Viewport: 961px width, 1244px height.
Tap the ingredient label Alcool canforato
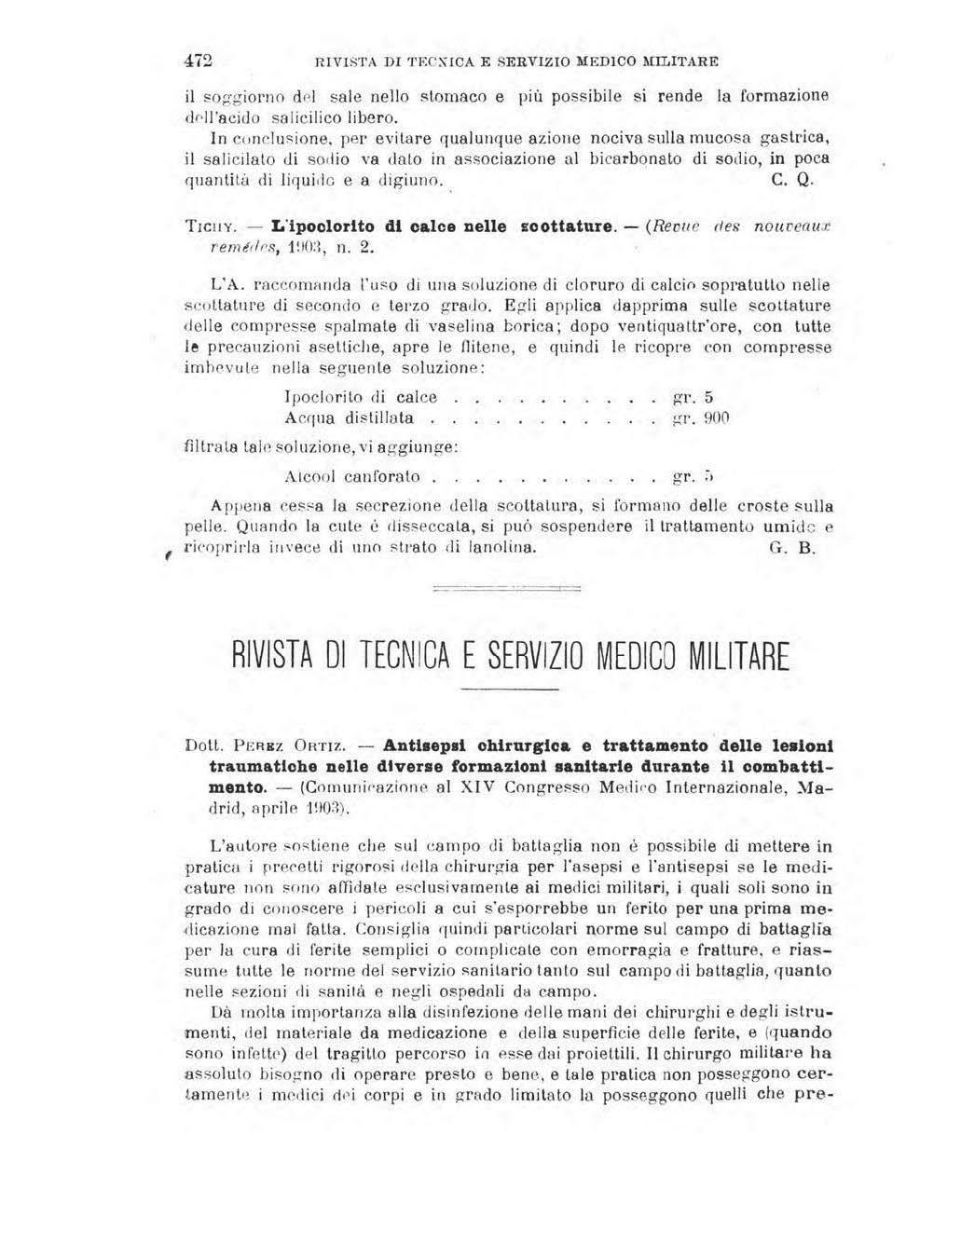[x=352, y=477]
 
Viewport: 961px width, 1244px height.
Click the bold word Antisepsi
[x=427, y=745]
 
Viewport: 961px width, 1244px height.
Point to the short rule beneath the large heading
[x=509, y=689]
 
